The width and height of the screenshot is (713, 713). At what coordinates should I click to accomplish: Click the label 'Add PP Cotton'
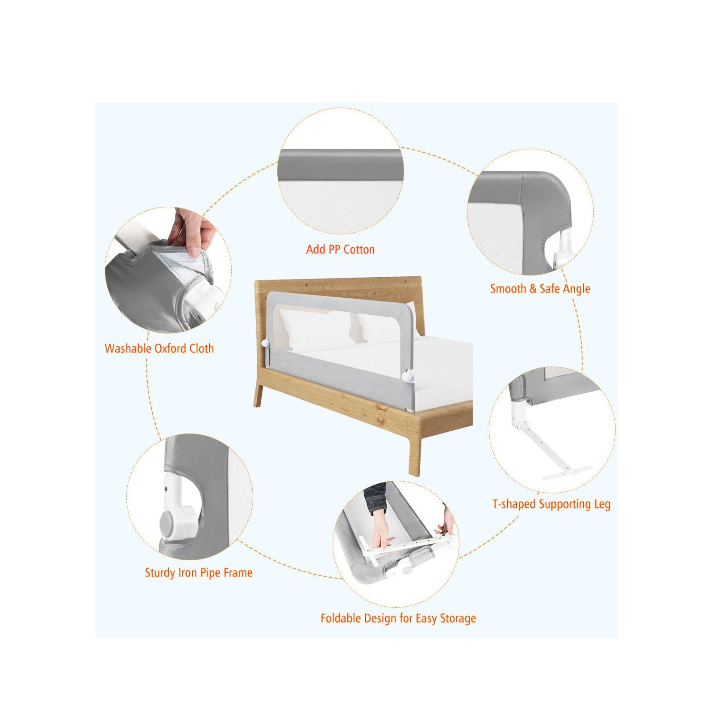click(x=340, y=249)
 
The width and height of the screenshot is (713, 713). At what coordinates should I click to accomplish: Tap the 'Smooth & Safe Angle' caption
click(x=540, y=289)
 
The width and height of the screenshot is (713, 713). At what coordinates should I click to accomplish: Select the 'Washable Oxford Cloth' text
click(x=159, y=348)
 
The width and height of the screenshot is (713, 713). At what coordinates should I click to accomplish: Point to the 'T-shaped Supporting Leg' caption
click(x=551, y=504)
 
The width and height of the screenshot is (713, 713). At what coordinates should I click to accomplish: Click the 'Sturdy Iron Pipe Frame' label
click(x=199, y=572)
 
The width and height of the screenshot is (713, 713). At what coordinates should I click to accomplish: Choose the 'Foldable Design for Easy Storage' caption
click(x=398, y=618)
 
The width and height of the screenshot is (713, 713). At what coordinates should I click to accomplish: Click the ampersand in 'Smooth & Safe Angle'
click(x=533, y=289)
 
